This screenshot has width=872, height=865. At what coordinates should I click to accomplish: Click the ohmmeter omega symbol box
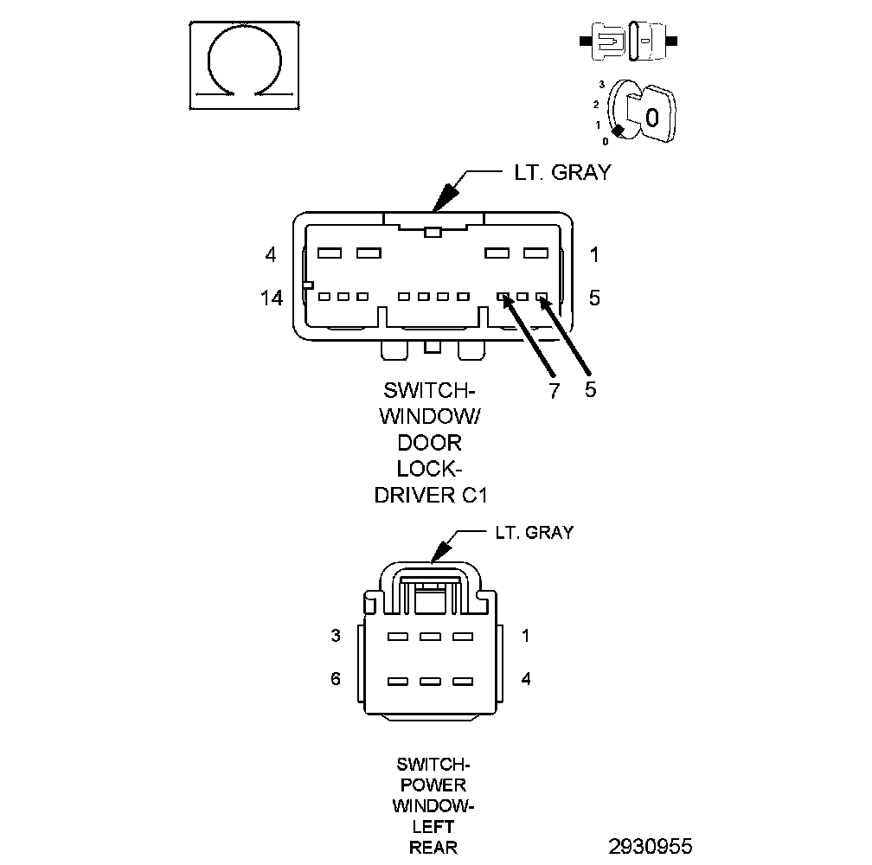[245, 65]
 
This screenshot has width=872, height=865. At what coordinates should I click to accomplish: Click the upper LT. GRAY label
[557, 172]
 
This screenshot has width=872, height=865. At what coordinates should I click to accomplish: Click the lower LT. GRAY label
[534, 532]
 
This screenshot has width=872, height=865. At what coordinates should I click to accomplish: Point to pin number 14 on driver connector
[272, 298]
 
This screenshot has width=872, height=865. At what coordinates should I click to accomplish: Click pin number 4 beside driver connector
[271, 255]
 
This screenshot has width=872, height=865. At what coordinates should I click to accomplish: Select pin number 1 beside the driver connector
[594, 255]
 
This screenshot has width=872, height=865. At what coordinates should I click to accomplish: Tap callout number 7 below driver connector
[554, 390]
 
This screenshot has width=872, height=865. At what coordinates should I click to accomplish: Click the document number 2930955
[650, 845]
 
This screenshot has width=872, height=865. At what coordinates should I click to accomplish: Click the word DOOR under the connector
[430, 443]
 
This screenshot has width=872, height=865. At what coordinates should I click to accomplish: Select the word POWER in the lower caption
[433, 785]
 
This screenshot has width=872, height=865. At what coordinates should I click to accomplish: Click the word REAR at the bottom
[433, 847]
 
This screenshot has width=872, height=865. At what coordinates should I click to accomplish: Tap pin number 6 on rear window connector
[336, 679]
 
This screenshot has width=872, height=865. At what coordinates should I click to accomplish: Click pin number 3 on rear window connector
[336, 636]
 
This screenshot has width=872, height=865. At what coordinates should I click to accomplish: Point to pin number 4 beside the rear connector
[526, 679]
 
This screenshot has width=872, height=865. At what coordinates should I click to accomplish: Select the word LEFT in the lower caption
[433, 826]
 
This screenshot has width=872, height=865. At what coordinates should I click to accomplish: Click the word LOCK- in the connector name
[430, 469]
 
